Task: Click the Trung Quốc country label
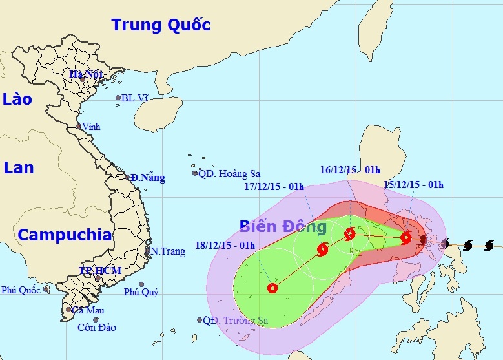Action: coord(161,25)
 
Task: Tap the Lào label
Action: coord(17,99)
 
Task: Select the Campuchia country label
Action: coord(65,235)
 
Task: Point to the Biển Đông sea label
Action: coord(283,227)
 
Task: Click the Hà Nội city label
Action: coord(87,75)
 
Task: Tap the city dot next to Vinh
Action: coord(79,127)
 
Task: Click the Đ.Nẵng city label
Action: coord(147,178)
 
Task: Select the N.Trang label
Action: coord(167,251)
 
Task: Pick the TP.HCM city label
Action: coord(100,270)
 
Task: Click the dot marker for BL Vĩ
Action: coord(118,98)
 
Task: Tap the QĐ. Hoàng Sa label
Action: coord(229,173)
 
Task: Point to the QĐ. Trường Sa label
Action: coord(234,320)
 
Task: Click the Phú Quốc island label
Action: coord(21,290)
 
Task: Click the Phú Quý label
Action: coord(141,292)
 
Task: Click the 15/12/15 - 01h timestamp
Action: coord(414,185)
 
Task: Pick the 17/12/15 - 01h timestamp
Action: coord(274,187)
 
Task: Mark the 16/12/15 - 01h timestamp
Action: coord(350,169)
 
